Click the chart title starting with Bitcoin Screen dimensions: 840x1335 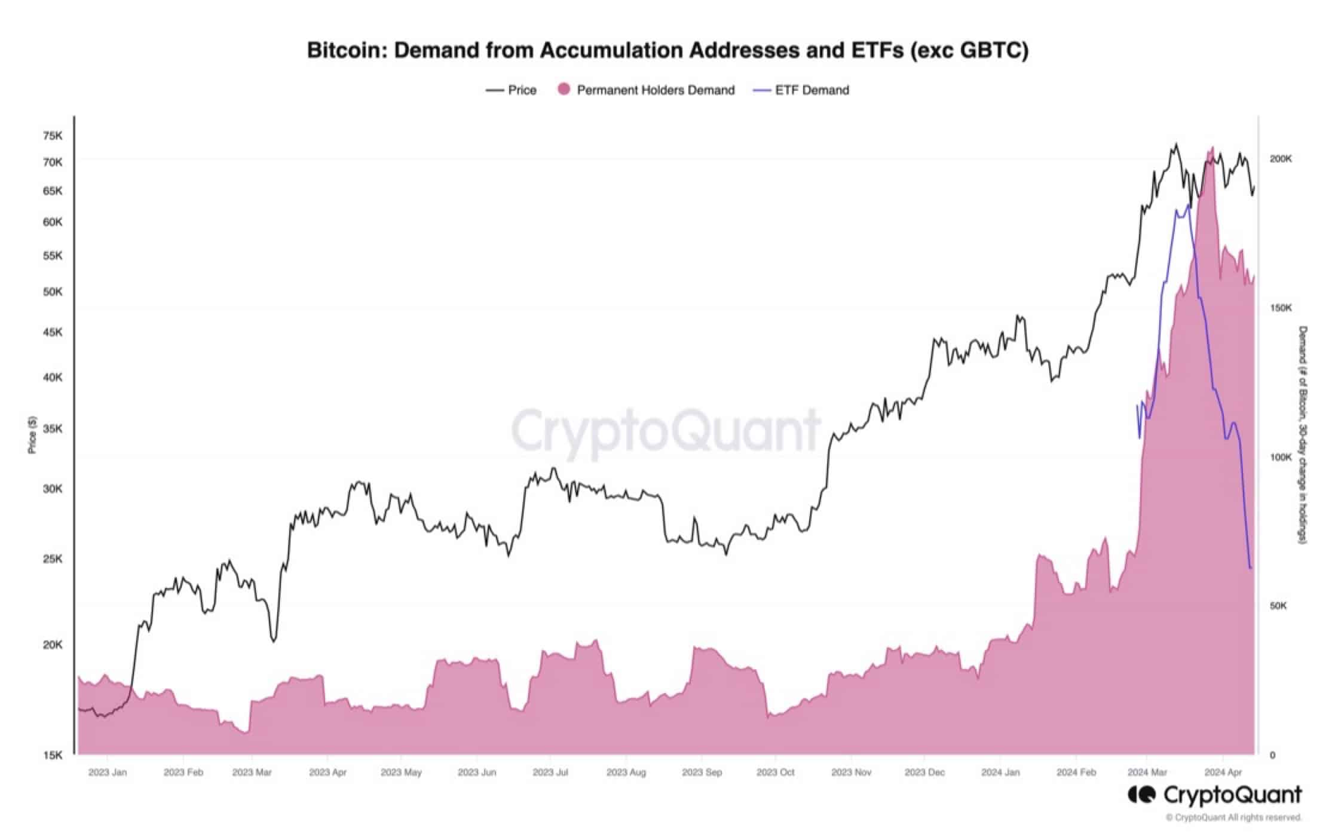[x=667, y=50]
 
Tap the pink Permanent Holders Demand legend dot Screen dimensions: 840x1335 [x=563, y=90]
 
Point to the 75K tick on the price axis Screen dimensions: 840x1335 [x=53, y=136]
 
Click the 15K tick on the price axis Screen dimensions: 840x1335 [x=53, y=755]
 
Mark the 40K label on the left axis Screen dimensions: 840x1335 [x=53, y=378]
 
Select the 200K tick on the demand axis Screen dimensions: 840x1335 [x=1281, y=159]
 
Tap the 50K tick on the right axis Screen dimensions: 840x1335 [x=1278, y=606]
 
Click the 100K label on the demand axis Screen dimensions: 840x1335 [x=1281, y=457]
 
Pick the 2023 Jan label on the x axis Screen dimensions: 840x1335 [x=108, y=772]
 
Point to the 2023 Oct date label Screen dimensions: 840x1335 [x=775, y=772]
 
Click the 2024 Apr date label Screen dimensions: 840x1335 [x=1223, y=772]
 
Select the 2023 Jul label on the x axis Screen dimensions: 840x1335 [x=550, y=772]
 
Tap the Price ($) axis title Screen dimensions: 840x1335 [x=32, y=435]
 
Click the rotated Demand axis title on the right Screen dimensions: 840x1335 [x=1303, y=435]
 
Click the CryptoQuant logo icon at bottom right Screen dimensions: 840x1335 [x=1141, y=795]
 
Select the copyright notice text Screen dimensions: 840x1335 [x=1233, y=817]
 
